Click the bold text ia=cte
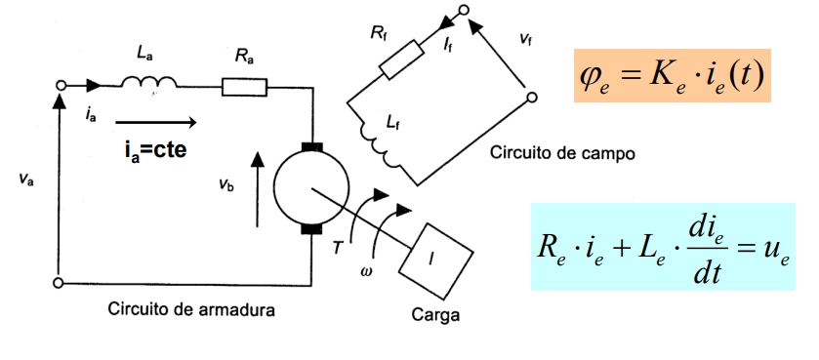coord(157,150)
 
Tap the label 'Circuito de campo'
coord(562,153)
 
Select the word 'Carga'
coord(434,316)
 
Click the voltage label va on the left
coord(26,180)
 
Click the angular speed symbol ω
coord(366,271)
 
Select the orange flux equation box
coord(673,74)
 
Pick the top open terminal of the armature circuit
coord(61,87)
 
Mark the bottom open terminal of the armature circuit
coord(61,283)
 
